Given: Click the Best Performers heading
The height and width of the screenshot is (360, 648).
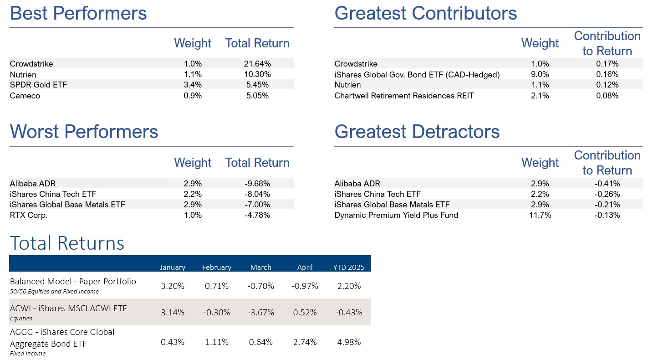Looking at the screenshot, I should click(78, 13).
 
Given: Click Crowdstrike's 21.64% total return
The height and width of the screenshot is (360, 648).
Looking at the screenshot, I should click(257, 64).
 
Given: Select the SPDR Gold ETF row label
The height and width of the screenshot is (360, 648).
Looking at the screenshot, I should click(38, 85).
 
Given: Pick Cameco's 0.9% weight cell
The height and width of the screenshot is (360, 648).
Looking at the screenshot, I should click(193, 96).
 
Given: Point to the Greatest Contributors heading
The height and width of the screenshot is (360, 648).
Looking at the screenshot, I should click(425, 13).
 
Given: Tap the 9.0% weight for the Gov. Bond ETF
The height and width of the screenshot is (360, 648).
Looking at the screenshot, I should click(540, 74).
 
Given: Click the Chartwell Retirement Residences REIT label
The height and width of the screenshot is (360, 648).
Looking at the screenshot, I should click(404, 96).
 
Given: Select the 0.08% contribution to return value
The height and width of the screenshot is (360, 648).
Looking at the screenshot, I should click(607, 96).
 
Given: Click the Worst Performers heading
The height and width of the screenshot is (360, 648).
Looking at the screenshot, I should click(84, 132).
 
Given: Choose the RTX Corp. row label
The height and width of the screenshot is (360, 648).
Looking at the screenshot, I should click(29, 215).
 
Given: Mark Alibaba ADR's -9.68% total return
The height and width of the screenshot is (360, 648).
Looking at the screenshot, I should click(257, 184).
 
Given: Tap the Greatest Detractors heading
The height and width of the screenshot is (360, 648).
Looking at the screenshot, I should click(417, 132).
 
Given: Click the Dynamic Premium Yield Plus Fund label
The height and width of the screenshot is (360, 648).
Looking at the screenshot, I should click(396, 215).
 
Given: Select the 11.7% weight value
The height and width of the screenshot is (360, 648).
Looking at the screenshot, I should click(540, 215).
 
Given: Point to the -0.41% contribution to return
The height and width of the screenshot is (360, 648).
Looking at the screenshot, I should click(607, 184).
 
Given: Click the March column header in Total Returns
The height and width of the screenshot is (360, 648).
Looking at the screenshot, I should click(260, 267).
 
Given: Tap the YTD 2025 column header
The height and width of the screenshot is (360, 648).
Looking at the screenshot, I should click(349, 267).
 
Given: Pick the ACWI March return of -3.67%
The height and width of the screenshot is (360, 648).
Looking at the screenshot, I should click(260, 313).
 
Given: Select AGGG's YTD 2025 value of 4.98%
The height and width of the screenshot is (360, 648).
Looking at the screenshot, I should click(349, 342).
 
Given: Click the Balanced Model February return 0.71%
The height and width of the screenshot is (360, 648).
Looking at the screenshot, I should click(216, 286).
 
